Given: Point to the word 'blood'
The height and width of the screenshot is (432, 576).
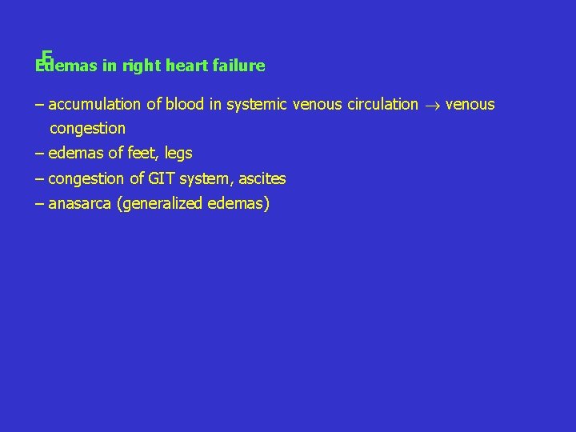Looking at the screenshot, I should tap(186, 104).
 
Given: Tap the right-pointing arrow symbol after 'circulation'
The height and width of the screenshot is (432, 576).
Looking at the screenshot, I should tap(431, 105).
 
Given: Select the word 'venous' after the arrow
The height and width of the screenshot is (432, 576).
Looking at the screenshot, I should tap(470, 104).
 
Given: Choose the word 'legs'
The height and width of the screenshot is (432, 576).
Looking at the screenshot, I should tap(178, 154).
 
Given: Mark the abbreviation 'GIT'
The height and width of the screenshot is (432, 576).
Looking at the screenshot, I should tap(159, 178).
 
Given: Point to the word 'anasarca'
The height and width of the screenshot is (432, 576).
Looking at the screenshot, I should tap(80, 204).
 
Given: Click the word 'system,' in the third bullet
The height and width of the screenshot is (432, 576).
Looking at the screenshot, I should tap(207, 179).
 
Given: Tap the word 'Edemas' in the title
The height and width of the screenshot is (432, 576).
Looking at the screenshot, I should tap(66, 66).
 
